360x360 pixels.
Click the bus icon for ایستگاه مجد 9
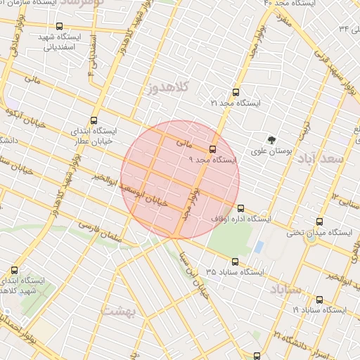click(x=212, y=149)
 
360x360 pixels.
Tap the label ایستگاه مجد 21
click(x=236, y=103)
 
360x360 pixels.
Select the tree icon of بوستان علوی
click(x=272, y=139)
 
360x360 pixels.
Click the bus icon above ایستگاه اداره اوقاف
click(x=241, y=208)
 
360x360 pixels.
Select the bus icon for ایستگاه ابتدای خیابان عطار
click(x=94, y=120)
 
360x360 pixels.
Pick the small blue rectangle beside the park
click(x=259, y=247)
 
